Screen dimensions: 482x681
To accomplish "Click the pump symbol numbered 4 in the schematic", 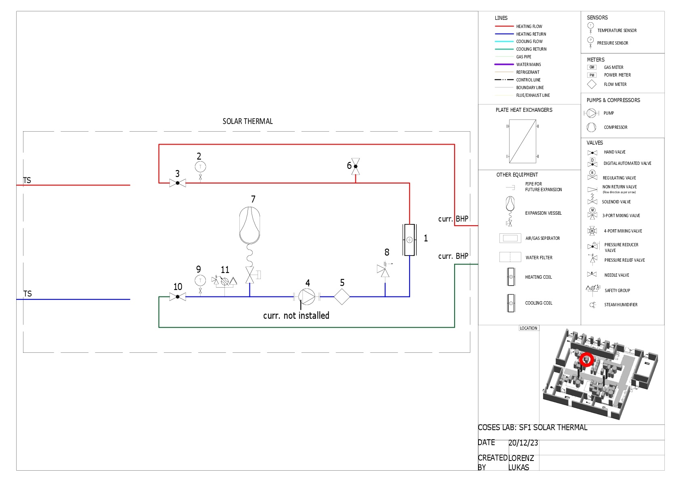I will point(307,297).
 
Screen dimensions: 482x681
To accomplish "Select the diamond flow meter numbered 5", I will point(342,297).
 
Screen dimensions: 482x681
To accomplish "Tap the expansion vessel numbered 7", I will point(250,225).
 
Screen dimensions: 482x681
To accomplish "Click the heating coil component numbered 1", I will point(409,240).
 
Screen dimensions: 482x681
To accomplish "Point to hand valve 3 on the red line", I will point(178,183).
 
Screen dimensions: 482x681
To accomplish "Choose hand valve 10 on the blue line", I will point(178,297).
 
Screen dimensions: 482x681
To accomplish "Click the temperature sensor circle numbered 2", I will point(200,166).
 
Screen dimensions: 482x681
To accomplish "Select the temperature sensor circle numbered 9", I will point(200,280).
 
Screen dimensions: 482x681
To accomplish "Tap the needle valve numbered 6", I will point(355,166).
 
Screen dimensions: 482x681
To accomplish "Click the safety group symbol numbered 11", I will point(224,281).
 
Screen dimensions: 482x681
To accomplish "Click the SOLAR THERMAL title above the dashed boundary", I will point(247,122).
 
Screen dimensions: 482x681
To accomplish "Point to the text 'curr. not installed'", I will point(296,316).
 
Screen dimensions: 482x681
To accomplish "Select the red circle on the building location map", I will point(586,359).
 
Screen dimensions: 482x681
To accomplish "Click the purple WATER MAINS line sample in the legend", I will point(504,64).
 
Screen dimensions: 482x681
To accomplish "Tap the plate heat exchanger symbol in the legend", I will point(522,141).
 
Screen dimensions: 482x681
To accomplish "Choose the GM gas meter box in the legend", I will point(592,67).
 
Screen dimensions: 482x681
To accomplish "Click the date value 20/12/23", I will point(523,443).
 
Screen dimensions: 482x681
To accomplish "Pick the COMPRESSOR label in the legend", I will point(615,127).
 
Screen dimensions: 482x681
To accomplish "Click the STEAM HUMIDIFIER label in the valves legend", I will point(621,305).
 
